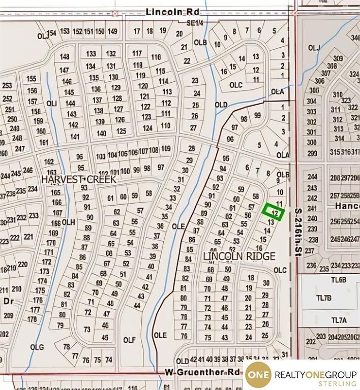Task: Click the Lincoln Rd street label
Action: [164, 11]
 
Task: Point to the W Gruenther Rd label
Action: [202, 372]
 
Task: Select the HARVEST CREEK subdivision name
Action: [79, 179]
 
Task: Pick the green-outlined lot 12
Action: [274, 211]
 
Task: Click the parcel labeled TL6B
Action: [338, 280]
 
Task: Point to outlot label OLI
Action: [51, 103]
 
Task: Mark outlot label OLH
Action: [69, 222]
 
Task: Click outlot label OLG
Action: [37, 347]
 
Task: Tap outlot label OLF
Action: [129, 340]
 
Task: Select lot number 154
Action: [51, 32]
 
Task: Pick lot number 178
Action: [33, 319]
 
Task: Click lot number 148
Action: [65, 56]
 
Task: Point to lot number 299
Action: [312, 153]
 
